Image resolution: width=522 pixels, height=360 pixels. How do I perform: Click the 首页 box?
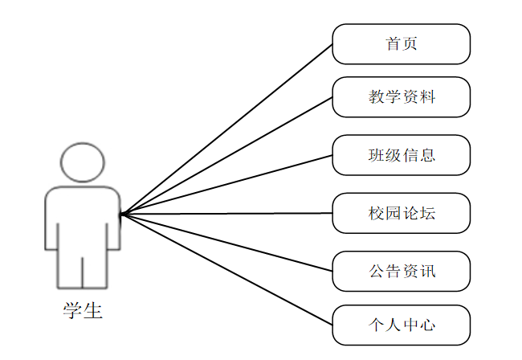401,44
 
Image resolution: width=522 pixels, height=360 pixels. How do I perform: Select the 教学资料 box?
401,97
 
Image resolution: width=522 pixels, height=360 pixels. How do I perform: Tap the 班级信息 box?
401,154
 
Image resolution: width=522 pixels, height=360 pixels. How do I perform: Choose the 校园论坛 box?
401,213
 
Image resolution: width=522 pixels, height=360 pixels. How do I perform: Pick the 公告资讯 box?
401,271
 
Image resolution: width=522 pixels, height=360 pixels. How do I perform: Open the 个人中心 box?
401,325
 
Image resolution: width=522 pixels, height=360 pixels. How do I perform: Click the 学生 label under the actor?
83,310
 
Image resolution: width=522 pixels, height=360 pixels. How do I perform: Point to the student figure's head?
84,163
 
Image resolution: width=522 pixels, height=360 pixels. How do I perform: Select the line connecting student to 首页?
227,129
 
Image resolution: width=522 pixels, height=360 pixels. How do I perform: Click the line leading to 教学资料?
227,155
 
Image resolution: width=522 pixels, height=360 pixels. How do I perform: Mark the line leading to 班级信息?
227,184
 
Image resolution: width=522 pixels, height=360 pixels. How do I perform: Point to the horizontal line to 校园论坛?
227,213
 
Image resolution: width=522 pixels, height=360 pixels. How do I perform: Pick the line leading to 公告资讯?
227,242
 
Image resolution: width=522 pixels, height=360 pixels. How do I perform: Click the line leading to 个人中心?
227,269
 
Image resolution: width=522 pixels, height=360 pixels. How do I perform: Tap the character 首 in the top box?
393,44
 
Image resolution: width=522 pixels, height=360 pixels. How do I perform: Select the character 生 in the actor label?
93,310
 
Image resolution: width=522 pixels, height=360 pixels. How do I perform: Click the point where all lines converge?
121,214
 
